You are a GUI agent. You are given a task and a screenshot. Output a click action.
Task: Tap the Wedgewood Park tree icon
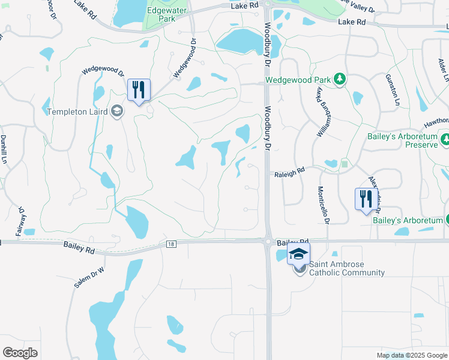tap(340, 79)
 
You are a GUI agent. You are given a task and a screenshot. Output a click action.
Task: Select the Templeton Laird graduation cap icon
tap(117, 112)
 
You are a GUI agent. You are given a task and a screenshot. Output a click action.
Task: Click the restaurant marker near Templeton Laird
tap(139, 90)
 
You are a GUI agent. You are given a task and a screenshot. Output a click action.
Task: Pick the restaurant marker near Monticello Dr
tap(366, 199)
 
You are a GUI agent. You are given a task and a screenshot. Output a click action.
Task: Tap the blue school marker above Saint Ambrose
tap(298, 254)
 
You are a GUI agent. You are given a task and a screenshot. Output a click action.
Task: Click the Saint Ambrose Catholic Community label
tap(346, 268)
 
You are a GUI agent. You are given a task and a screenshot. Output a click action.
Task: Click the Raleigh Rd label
tap(289, 170)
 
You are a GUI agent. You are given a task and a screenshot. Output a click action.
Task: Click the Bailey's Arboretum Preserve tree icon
tap(445, 140)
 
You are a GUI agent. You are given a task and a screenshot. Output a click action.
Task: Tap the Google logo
tap(20, 352)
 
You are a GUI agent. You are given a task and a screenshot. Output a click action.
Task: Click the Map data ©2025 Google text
tap(412, 355)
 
